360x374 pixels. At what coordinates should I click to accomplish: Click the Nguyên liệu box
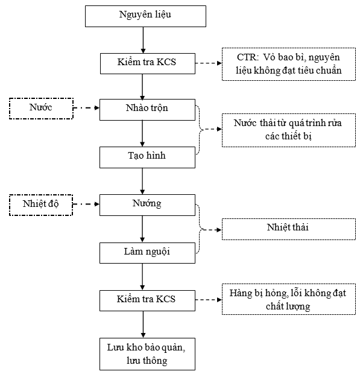click(x=145, y=16)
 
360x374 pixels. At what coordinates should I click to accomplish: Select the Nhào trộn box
click(x=147, y=110)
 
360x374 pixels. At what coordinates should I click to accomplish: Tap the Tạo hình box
click(x=147, y=157)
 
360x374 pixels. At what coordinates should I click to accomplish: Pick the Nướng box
click(x=147, y=205)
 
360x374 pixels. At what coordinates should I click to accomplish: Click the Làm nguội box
click(x=147, y=253)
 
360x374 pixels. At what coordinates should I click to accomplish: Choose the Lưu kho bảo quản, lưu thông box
click(x=147, y=354)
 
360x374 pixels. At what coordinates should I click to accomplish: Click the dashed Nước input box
click(x=41, y=109)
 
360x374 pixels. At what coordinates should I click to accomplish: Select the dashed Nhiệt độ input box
click(x=41, y=205)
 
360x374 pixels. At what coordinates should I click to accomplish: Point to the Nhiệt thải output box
click(x=289, y=229)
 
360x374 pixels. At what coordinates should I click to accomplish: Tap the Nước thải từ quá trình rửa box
click(x=289, y=130)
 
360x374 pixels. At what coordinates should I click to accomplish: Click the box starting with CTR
click(x=289, y=64)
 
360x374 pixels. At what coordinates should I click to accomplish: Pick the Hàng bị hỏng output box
click(x=289, y=299)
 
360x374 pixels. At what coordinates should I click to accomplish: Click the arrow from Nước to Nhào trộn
click(x=86, y=108)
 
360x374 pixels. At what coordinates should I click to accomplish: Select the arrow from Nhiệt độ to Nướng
click(x=86, y=204)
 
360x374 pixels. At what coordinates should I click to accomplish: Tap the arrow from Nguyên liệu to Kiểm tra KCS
click(x=143, y=40)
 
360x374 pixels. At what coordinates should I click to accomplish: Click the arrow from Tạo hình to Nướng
click(x=142, y=182)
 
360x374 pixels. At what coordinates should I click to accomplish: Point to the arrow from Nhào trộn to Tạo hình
click(x=142, y=133)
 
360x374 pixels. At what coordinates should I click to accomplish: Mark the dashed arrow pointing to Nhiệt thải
click(x=212, y=230)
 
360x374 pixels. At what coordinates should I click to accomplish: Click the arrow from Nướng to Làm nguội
click(x=142, y=229)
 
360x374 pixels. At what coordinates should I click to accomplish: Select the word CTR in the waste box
click(x=247, y=57)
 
